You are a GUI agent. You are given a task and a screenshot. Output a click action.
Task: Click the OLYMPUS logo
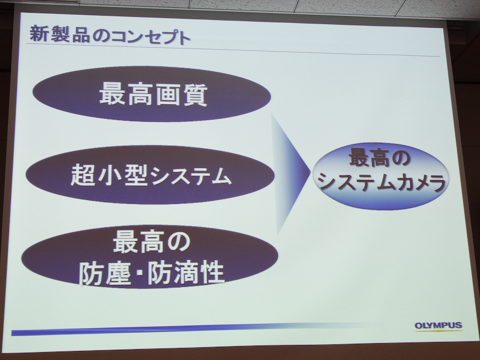click(438, 326)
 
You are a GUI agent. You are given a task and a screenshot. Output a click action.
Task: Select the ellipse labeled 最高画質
click(152, 94)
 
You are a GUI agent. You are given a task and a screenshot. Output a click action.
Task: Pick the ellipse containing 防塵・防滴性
click(150, 257)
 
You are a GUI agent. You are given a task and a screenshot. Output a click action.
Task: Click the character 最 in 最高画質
click(111, 95)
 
